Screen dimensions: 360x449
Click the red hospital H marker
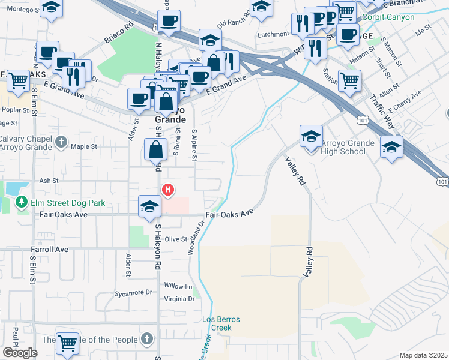click(169, 190)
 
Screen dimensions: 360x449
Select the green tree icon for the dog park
click(22, 202)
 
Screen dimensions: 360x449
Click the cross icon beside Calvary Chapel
click(61, 142)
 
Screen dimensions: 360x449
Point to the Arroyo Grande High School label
click(344, 147)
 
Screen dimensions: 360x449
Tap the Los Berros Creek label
click(220, 323)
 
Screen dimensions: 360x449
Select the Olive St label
click(176, 239)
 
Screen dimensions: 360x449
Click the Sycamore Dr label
click(134, 292)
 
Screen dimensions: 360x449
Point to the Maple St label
click(84, 146)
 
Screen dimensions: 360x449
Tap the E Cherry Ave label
click(405, 102)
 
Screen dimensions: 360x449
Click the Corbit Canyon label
click(388, 17)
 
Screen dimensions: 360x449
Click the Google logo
click(19, 353)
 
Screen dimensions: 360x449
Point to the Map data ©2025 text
click(424, 355)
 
